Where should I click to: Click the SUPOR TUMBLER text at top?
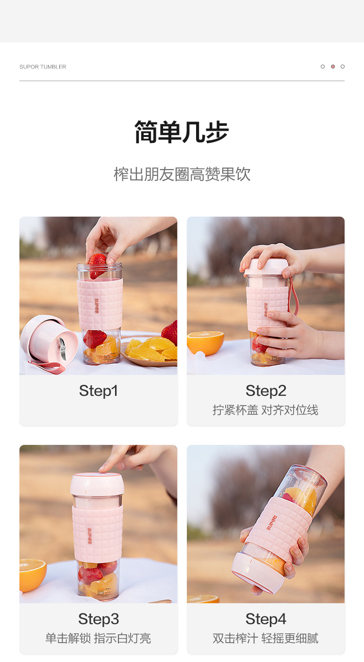click(x=43, y=67)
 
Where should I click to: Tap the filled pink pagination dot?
click(x=333, y=67)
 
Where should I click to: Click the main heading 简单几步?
click(x=182, y=132)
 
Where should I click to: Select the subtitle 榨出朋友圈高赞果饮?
click(x=182, y=174)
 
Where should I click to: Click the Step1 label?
click(x=99, y=390)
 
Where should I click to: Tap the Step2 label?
click(x=265, y=390)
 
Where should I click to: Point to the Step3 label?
click(x=99, y=619)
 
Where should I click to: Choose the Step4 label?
click(x=265, y=619)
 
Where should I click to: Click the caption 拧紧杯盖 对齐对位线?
click(x=265, y=410)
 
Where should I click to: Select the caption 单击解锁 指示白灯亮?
click(x=98, y=638)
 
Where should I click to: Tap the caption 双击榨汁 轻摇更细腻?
click(x=265, y=638)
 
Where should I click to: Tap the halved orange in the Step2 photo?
click(x=205, y=342)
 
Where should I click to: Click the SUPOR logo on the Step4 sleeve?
click(x=272, y=522)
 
